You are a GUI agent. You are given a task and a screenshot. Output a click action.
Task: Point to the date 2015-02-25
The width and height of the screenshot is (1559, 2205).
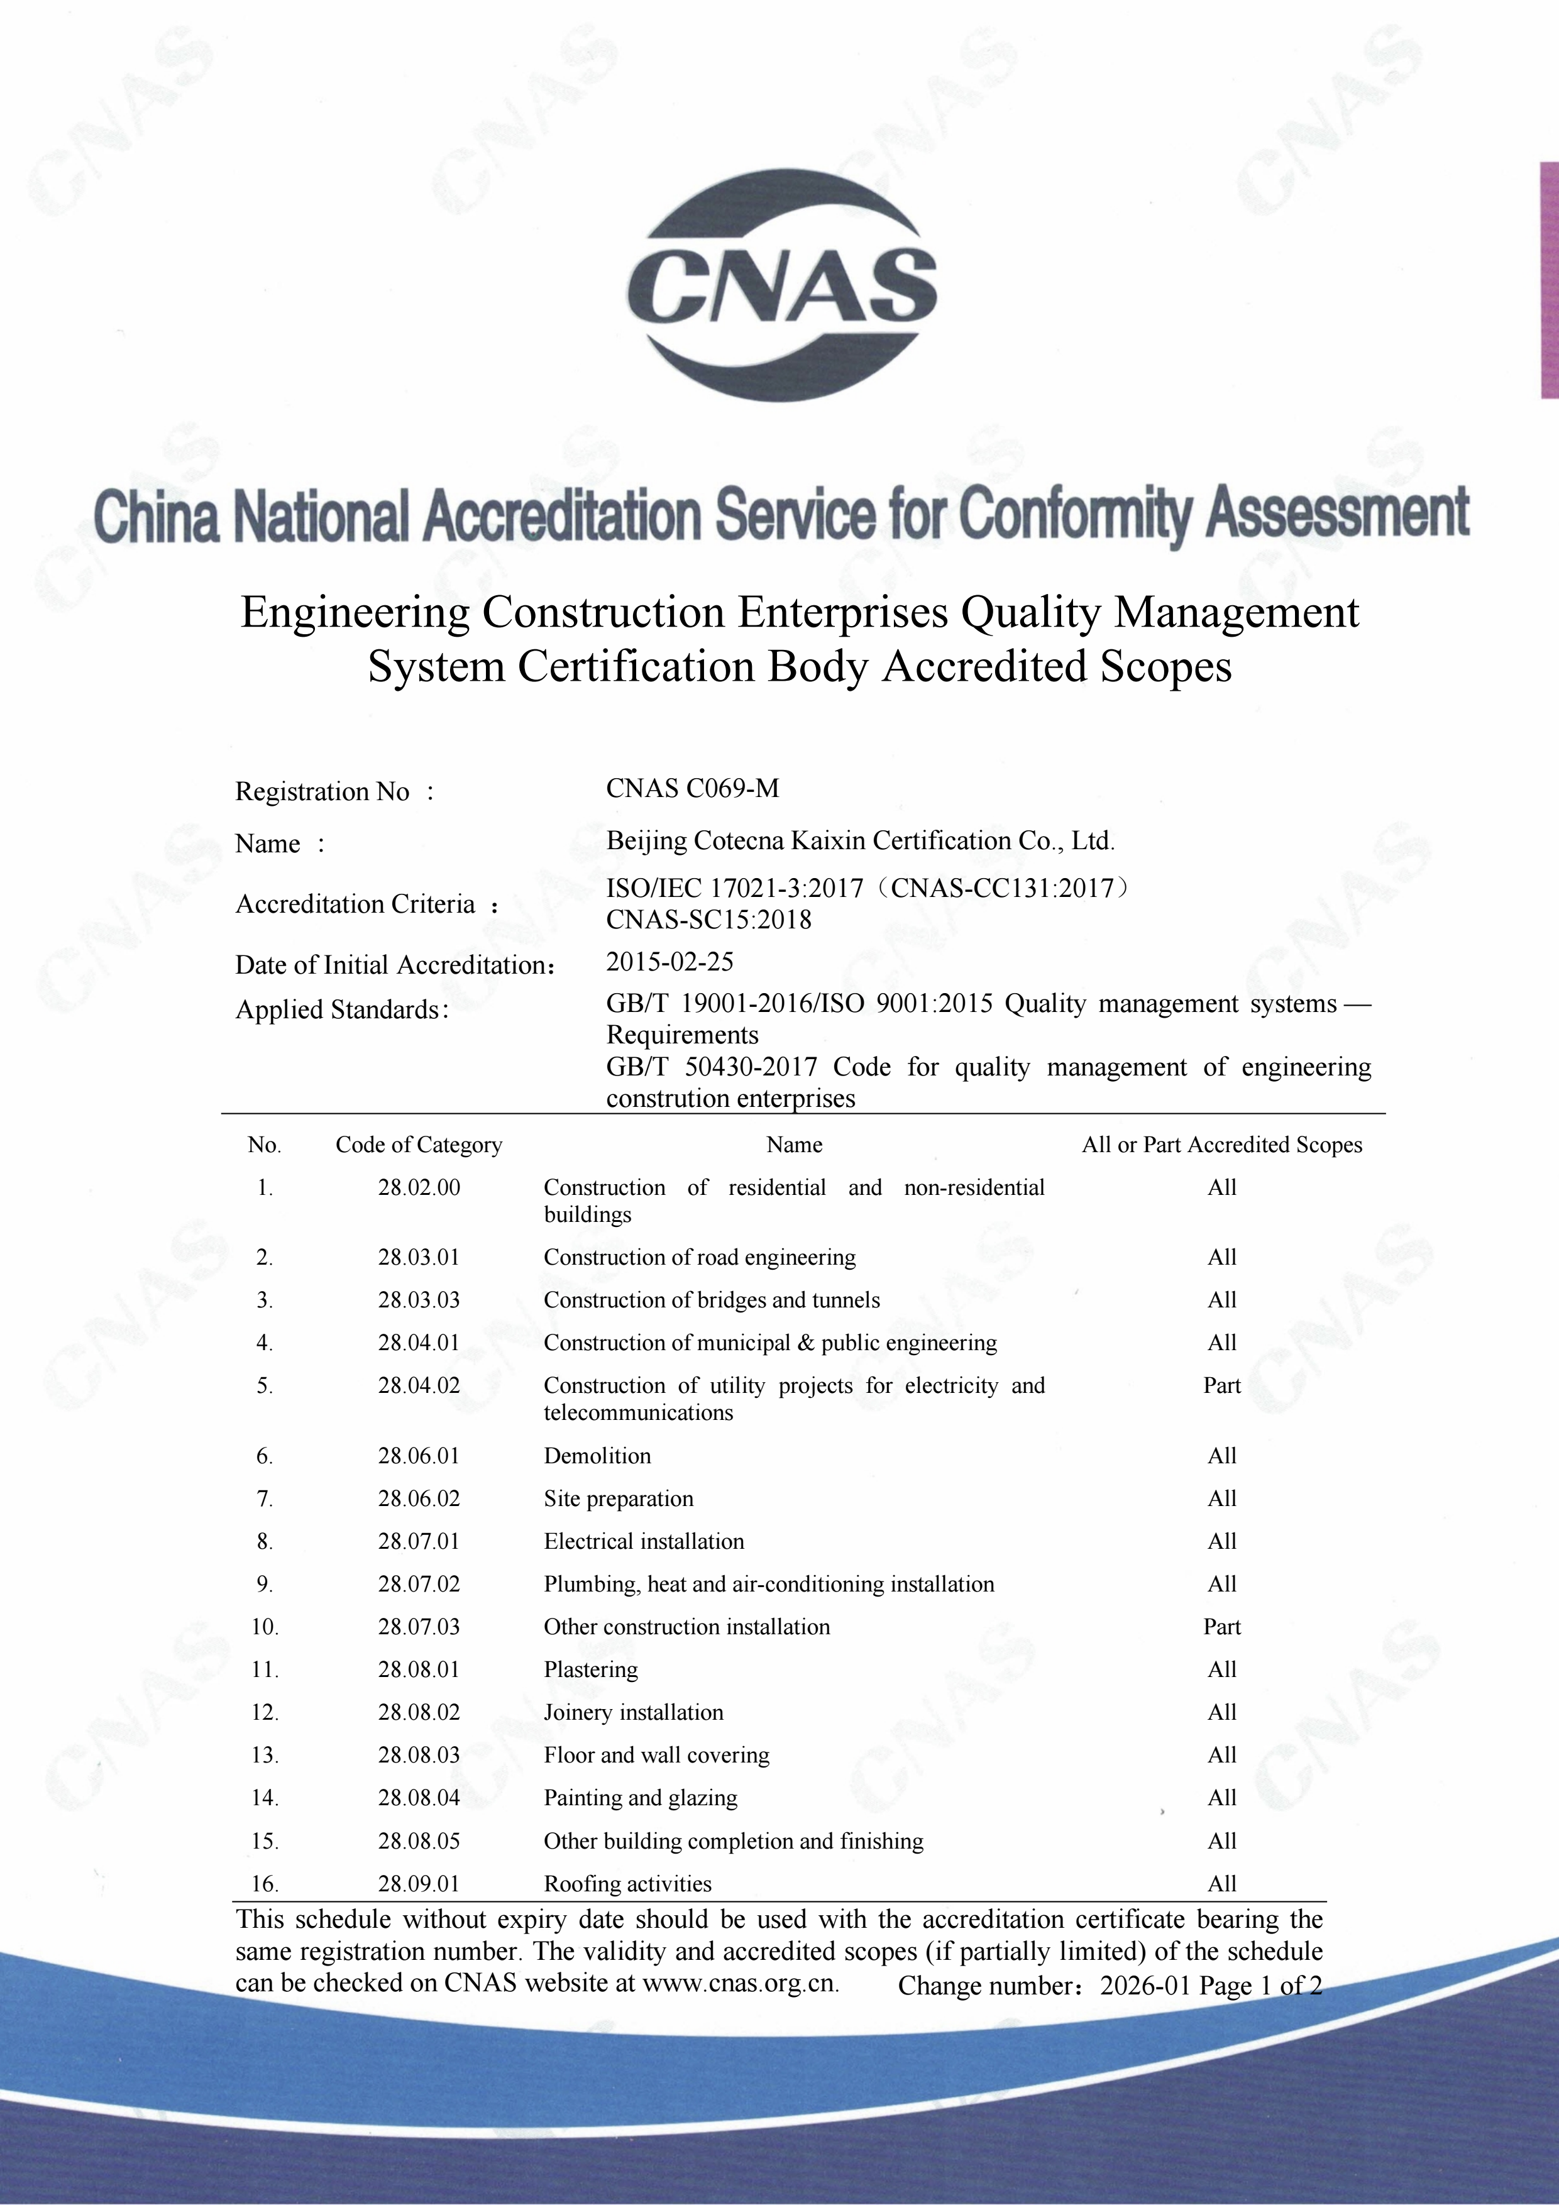tap(669, 961)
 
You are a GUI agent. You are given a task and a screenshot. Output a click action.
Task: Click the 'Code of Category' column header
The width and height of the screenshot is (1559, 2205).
tap(419, 1145)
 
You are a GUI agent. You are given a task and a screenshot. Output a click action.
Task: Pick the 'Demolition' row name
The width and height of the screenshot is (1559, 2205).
tap(597, 1456)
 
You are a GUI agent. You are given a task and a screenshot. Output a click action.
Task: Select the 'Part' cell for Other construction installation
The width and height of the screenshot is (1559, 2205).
tap(1222, 1627)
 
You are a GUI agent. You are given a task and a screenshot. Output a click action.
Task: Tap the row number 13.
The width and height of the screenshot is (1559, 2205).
tap(265, 1756)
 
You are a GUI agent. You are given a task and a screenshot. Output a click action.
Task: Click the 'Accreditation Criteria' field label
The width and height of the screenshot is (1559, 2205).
tap(355, 904)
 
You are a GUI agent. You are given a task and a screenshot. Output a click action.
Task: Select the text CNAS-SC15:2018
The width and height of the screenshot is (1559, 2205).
tap(708, 920)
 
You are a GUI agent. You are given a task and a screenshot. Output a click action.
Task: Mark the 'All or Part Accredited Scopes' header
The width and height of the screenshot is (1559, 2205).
tap(1222, 1145)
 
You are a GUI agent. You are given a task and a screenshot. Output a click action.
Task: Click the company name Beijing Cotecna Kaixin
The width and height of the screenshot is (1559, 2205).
tap(860, 841)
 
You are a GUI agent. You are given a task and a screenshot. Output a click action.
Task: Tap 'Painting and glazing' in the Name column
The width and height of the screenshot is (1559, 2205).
tap(640, 1798)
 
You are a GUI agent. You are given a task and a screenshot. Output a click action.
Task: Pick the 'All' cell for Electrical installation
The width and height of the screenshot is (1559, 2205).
tap(1222, 1541)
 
